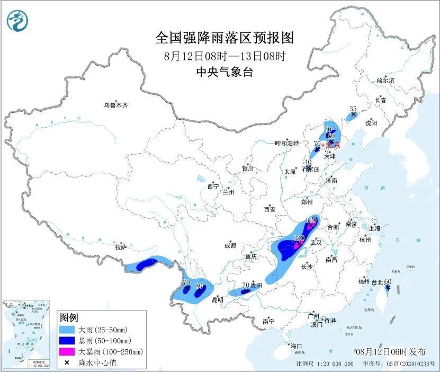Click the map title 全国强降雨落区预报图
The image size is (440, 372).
pos(224,38)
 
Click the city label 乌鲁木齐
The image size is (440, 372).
pos(115,105)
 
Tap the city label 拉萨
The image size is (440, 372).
pos(121,246)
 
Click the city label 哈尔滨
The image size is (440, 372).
pos(385,81)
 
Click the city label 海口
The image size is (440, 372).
pos(296,346)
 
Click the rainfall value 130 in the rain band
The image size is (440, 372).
pos(298,239)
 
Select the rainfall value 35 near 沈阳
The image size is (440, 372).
pos(353,109)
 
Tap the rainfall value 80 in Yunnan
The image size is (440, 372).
pos(199,286)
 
